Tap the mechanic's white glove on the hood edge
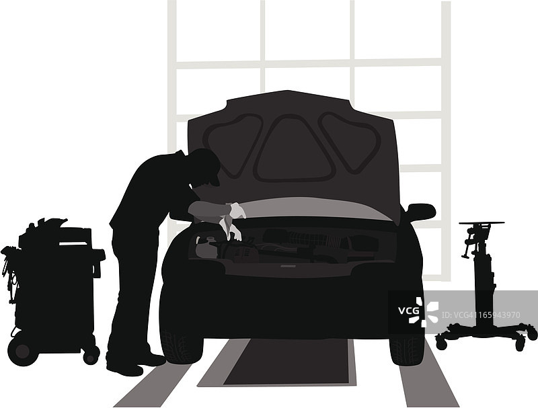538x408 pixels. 237,210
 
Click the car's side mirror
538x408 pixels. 422,211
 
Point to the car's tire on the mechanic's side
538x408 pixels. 181,345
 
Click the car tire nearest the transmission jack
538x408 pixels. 408,350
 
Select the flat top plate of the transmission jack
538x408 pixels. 482,223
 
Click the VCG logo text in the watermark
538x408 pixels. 408,311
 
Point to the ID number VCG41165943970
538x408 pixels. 480,315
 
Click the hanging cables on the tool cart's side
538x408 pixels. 9,274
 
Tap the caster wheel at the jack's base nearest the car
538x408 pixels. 441,342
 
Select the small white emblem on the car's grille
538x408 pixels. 288,266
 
